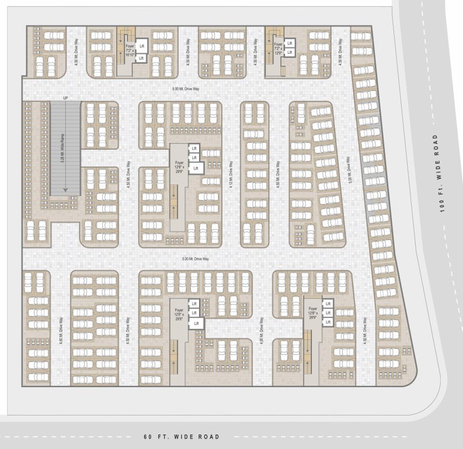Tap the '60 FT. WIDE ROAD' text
tap(182, 437)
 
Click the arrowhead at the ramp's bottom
tap(65, 189)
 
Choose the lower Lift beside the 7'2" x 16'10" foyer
tap(141, 58)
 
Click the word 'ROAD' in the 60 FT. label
tap(208, 437)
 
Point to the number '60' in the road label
tap(148, 437)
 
